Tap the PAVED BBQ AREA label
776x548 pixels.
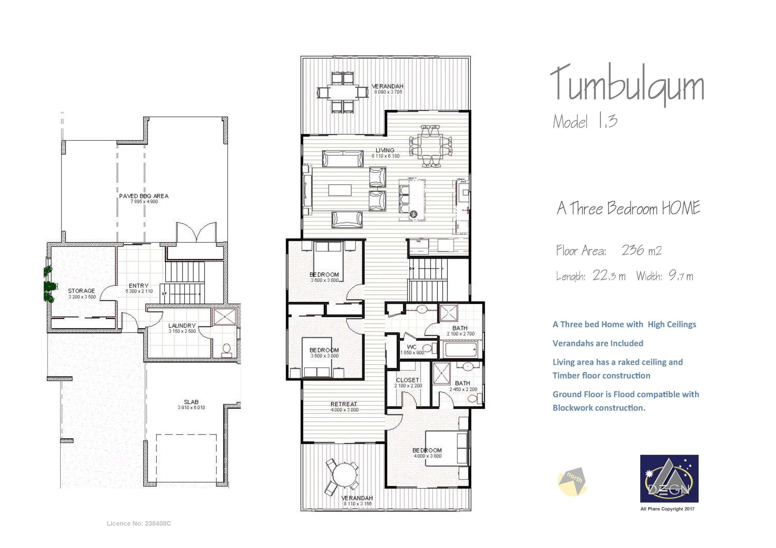coord(144,196)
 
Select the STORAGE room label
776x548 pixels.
coord(81,291)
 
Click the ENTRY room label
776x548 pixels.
coord(139,286)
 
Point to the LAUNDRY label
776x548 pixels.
coord(182,325)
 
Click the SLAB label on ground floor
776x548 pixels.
coord(191,402)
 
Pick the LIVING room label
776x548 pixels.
coord(385,150)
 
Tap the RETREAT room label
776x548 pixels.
coord(344,404)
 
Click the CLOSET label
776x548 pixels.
coord(408,380)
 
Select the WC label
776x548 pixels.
coord(412,347)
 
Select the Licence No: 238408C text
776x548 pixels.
coord(139,523)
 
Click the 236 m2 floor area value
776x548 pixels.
coord(641,250)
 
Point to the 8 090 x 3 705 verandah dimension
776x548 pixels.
coord(388,92)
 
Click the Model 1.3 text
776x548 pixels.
coord(585,121)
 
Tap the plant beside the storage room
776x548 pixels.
coord(48,284)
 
